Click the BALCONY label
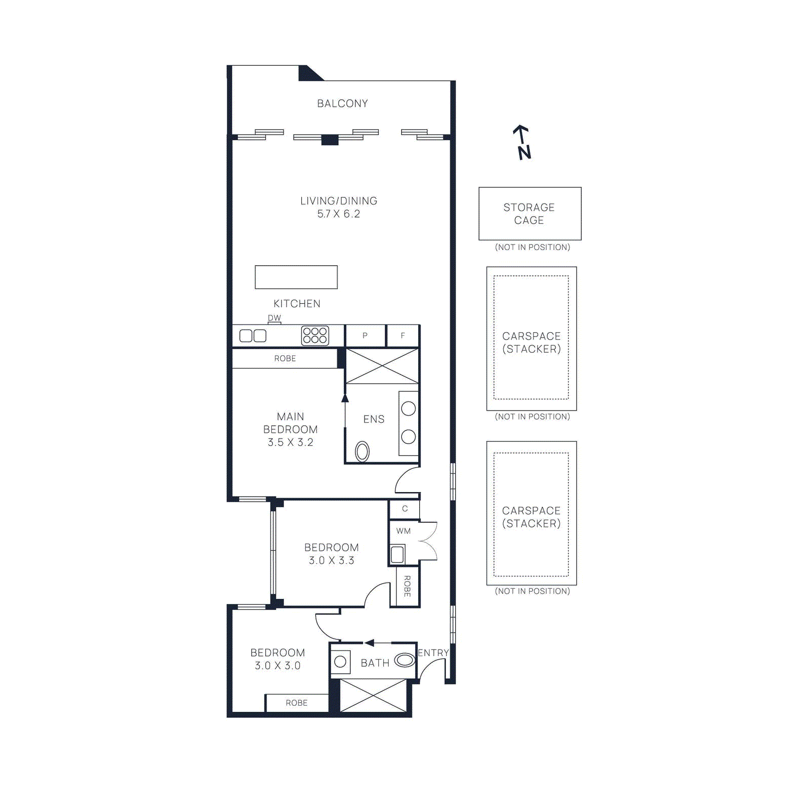342,103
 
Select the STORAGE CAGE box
530,214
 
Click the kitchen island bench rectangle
296,277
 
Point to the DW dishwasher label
274,318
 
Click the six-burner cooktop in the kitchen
315,336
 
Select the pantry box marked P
365,336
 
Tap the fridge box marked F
403,336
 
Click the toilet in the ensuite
362,452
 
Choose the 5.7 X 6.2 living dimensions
339,214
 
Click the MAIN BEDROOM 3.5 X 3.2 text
291,429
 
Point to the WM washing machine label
403,531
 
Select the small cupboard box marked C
404,509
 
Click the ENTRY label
433,653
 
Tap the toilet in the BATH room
404,660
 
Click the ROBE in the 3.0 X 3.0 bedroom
297,703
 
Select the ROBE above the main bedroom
285,358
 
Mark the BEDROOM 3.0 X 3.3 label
332,554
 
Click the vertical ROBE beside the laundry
407,586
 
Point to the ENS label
374,419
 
